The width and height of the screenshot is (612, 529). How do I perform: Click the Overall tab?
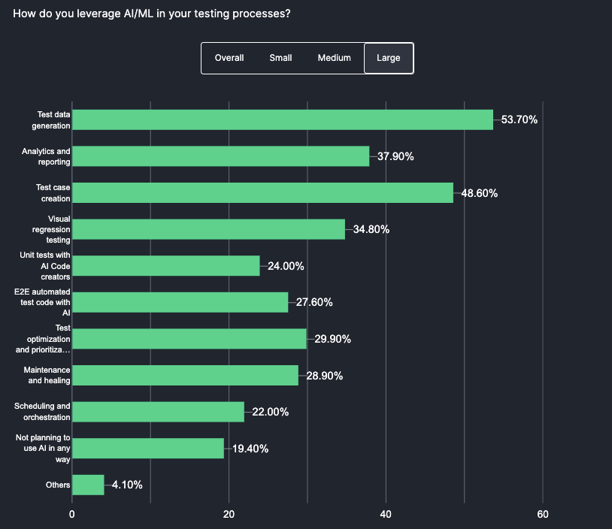click(229, 58)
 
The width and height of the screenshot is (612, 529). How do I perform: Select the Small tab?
click(280, 58)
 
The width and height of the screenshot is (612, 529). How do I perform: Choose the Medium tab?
click(334, 58)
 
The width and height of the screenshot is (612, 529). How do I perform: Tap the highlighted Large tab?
click(389, 58)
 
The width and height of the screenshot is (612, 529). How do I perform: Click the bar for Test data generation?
click(282, 119)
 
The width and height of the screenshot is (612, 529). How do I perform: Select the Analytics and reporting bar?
click(220, 156)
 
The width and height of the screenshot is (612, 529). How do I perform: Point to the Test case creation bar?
click(262, 192)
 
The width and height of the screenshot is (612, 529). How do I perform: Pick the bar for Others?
click(88, 485)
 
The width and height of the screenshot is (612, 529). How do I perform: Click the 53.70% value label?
click(520, 119)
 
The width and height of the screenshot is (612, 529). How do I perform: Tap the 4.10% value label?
click(127, 485)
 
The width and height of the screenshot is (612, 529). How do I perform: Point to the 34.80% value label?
click(371, 229)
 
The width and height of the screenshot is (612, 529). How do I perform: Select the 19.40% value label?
click(250, 449)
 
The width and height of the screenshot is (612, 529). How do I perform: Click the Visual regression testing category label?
click(53, 229)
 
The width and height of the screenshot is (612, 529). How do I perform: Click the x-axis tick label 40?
click(386, 515)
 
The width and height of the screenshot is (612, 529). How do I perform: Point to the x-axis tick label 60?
click(543, 515)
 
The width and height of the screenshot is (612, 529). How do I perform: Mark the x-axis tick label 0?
click(72, 515)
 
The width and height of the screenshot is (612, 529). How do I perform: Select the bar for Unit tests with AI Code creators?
click(165, 266)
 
